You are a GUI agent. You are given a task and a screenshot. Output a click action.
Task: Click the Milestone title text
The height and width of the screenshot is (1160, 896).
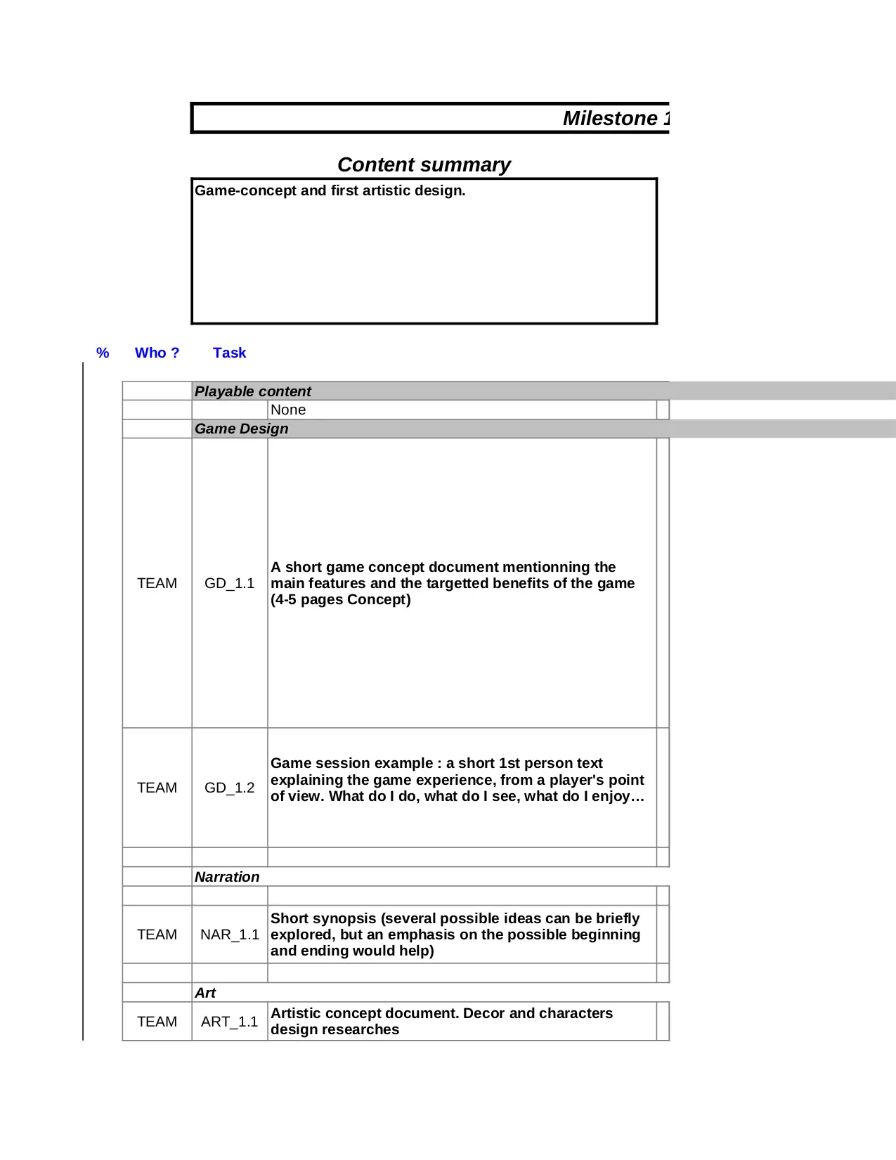(x=616, y=118)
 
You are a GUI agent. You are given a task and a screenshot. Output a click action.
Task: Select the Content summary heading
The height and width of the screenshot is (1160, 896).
(x=424, y=164)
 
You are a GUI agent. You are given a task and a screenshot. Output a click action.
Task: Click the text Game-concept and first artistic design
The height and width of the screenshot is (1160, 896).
(x=330, y=190)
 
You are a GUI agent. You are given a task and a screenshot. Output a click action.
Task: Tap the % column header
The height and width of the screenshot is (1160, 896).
(x=103, y=353)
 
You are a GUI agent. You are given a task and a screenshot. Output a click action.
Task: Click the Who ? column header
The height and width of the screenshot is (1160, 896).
(x=157, y=353)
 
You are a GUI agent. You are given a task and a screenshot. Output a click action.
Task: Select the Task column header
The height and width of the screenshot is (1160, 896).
(x=229, y=353)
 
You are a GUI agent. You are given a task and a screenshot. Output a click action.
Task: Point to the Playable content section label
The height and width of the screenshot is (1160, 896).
(x=252, y=391)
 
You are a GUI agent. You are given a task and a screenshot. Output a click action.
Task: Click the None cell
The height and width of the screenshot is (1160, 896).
(x=288, y=410)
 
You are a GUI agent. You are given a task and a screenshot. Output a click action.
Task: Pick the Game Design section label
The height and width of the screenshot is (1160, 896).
(x=241, y=429)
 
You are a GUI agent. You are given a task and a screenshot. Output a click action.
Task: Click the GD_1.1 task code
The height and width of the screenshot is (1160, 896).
(x=229, y=583)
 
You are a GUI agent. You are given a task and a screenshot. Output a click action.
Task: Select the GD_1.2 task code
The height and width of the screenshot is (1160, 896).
(x=229, y=788)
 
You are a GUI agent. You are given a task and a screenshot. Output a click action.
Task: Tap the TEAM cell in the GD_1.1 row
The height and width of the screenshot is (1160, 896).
(x=157, y=583)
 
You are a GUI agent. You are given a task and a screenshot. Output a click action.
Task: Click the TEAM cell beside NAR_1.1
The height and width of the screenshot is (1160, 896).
(x=157, y=934)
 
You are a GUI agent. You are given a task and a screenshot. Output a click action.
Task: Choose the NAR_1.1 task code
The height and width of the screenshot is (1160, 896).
(x=229, y=934)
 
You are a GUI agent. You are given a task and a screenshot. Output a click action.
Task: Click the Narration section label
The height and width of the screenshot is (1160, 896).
(x=226, y=877)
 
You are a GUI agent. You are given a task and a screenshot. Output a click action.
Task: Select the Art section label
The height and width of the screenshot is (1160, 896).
(x=205, y=993)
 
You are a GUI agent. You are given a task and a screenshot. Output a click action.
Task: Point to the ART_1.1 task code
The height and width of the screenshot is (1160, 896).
(x=229, y=1022)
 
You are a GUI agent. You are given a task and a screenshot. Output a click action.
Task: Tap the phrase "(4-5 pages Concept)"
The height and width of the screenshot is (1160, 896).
(x=340, y=599)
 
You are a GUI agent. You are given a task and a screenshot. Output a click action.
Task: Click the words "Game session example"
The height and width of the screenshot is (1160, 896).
(x=351, y=763)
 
